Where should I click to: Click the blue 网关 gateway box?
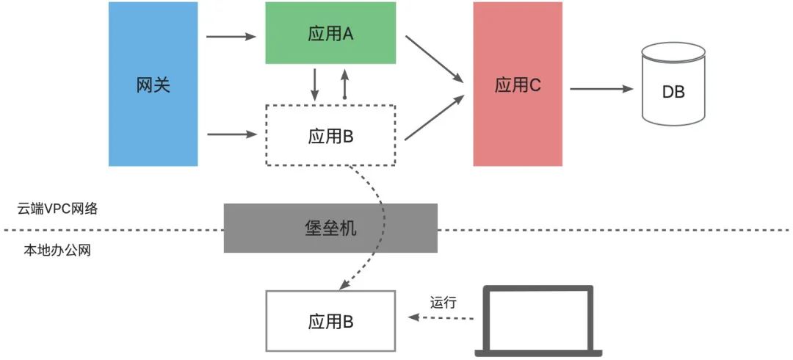tap(153, 84)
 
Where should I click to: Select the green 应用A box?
tap(330, 33)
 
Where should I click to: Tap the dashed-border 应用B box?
tap(330, 135)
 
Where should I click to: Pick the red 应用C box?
tap(518, 84)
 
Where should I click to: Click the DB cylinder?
tap(673, 84)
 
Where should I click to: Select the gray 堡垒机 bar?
tap(330, 228)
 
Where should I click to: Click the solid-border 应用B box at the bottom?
tap(330, 321)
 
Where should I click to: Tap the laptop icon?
tap(538, 321)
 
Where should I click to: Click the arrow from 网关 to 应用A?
tap(231, 37)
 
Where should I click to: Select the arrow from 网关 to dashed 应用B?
tap(233, 134)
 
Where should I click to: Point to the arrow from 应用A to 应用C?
tap(435, 59)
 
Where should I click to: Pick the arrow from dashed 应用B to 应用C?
tap(435, 118)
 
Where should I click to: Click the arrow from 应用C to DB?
tap(602, 89)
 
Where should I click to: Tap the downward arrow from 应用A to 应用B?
tap(314, 84)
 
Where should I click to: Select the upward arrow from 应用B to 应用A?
tap(344, 84)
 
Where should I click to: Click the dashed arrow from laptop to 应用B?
tap(441, 317)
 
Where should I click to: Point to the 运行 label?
tap(443, 303)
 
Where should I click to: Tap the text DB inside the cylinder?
tap(673, 93)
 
